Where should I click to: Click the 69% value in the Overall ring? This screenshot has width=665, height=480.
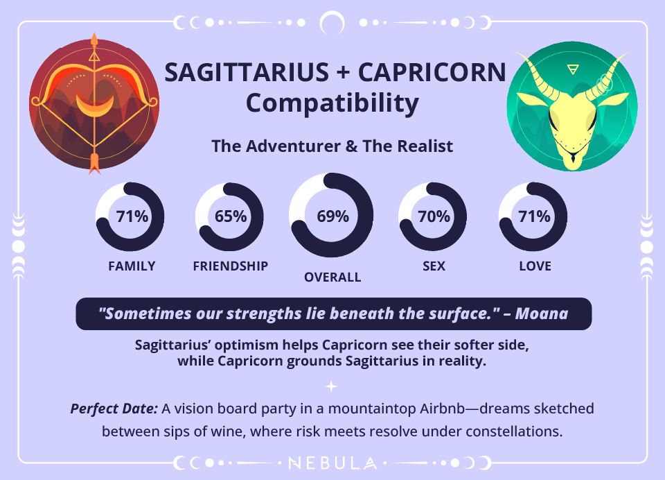click(332, 216)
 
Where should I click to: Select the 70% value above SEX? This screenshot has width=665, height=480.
click(434, 216)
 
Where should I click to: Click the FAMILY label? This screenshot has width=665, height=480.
click(132, 266)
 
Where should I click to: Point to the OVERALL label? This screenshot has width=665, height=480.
click(332, 277)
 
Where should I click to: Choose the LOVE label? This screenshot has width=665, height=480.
click(535, 266)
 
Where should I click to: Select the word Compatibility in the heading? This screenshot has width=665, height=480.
click(332, 103)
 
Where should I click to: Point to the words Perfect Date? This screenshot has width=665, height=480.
click(114, 409)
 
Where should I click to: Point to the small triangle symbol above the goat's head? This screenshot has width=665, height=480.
click(572, 69)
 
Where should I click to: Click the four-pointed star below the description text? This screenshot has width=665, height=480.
click(332, 386)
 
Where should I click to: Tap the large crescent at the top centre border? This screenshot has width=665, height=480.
click(332, 22)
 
